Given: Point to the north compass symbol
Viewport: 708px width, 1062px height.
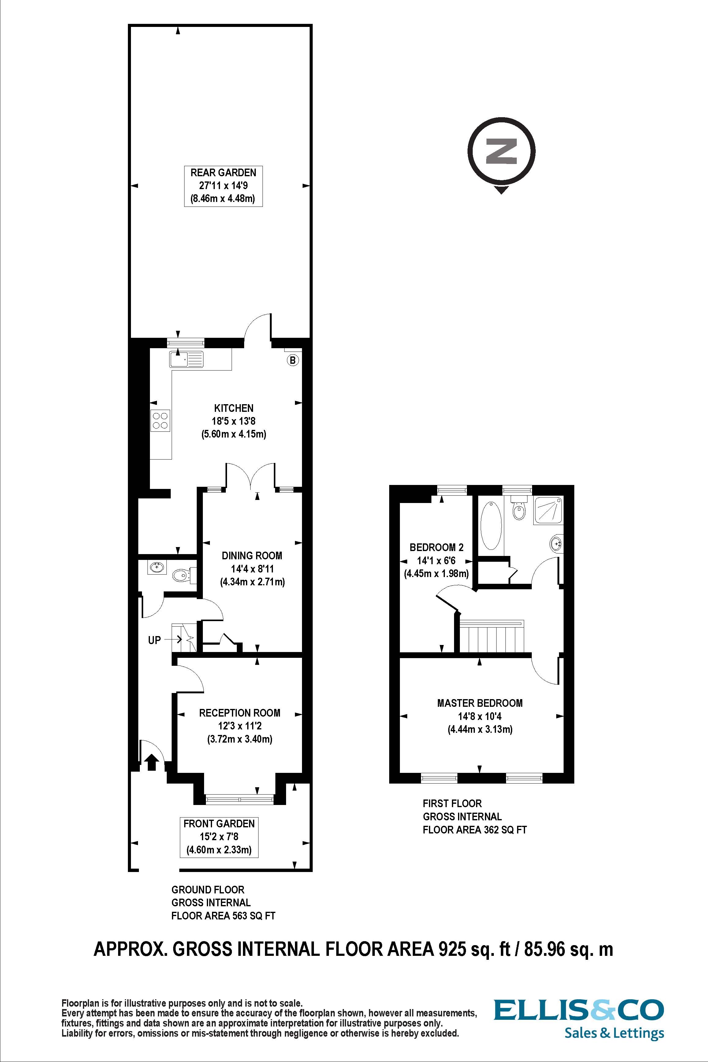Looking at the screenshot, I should click(501, 151).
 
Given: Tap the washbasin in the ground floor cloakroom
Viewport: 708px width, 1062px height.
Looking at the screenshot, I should click(157, 568).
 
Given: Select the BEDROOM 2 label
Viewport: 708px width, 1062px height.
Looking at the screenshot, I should click(436, 547).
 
